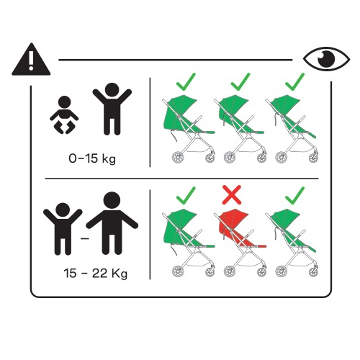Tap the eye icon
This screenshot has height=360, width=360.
pyautogui.click(x=326, y=59)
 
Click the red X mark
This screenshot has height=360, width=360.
pyautogui.click(x=232, y=194)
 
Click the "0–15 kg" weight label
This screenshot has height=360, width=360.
pyautogui.click(x=92, y=158)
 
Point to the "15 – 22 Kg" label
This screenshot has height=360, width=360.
pyautogui.click(x=95, y=274)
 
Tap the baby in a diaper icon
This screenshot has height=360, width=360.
pyautogui.click(x=64, y=115)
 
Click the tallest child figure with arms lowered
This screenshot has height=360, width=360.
pyautogui.click(x=112, y=223)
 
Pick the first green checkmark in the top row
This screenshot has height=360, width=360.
pyautogui.click(x=186, y=82)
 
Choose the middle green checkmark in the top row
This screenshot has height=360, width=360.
pyautogui.click(x=240, y=82)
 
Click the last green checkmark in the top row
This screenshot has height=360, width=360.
pyautogui.click(x=295, y=82)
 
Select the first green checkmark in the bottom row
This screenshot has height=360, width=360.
pyautogui.click(x=186, y=196)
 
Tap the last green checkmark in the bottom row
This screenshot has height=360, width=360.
pyautogui.click(x=295, y=196)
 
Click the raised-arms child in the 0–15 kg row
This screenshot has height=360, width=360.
pyautogui.click(x=112, y=109)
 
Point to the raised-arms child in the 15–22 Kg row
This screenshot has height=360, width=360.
pyautogui.click(x=63, y=229)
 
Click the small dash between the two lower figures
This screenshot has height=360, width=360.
pyautogui.click(x=85, y=238)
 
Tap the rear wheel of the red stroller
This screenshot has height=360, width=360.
pyautogui.click(x=230, y=271)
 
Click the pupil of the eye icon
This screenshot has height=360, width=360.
pyautogui.click(x=326, y=59)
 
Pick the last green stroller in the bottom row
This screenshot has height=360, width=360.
pyautogui.click(x=292, y=243)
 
